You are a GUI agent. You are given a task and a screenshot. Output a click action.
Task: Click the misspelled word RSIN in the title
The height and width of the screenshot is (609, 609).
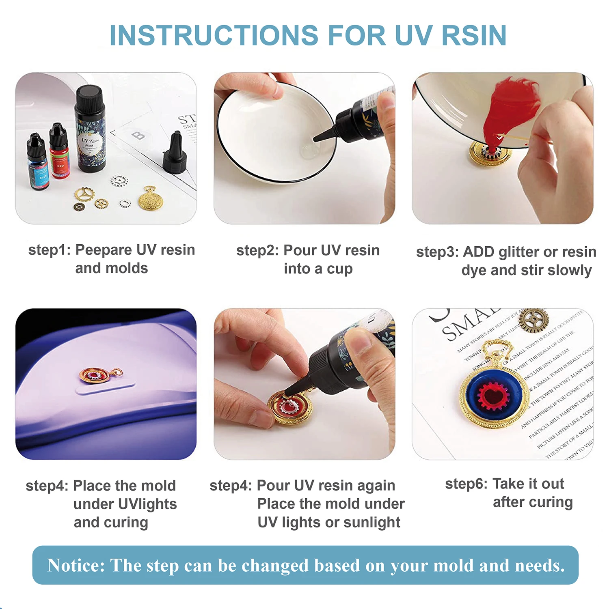coord(474,35)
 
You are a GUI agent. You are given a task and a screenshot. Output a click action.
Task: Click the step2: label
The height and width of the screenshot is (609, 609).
coord(257,250)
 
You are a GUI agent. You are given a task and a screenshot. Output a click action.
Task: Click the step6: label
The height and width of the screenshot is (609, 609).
coord(466,484)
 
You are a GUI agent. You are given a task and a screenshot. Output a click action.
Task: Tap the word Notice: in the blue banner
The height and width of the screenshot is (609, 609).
coord(76,565)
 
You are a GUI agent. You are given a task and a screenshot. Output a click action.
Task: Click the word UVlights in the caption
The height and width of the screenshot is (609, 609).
coord(125,504)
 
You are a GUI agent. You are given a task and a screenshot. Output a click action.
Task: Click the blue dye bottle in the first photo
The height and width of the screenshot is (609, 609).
coord(38,162)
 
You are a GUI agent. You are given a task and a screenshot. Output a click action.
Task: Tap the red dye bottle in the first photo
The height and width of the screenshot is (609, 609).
coord(59,152)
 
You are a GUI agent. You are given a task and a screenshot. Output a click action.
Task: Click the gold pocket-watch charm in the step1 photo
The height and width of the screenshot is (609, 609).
coord(151,199)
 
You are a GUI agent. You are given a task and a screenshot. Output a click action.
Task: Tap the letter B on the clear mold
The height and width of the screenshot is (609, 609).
coord(138,135)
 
